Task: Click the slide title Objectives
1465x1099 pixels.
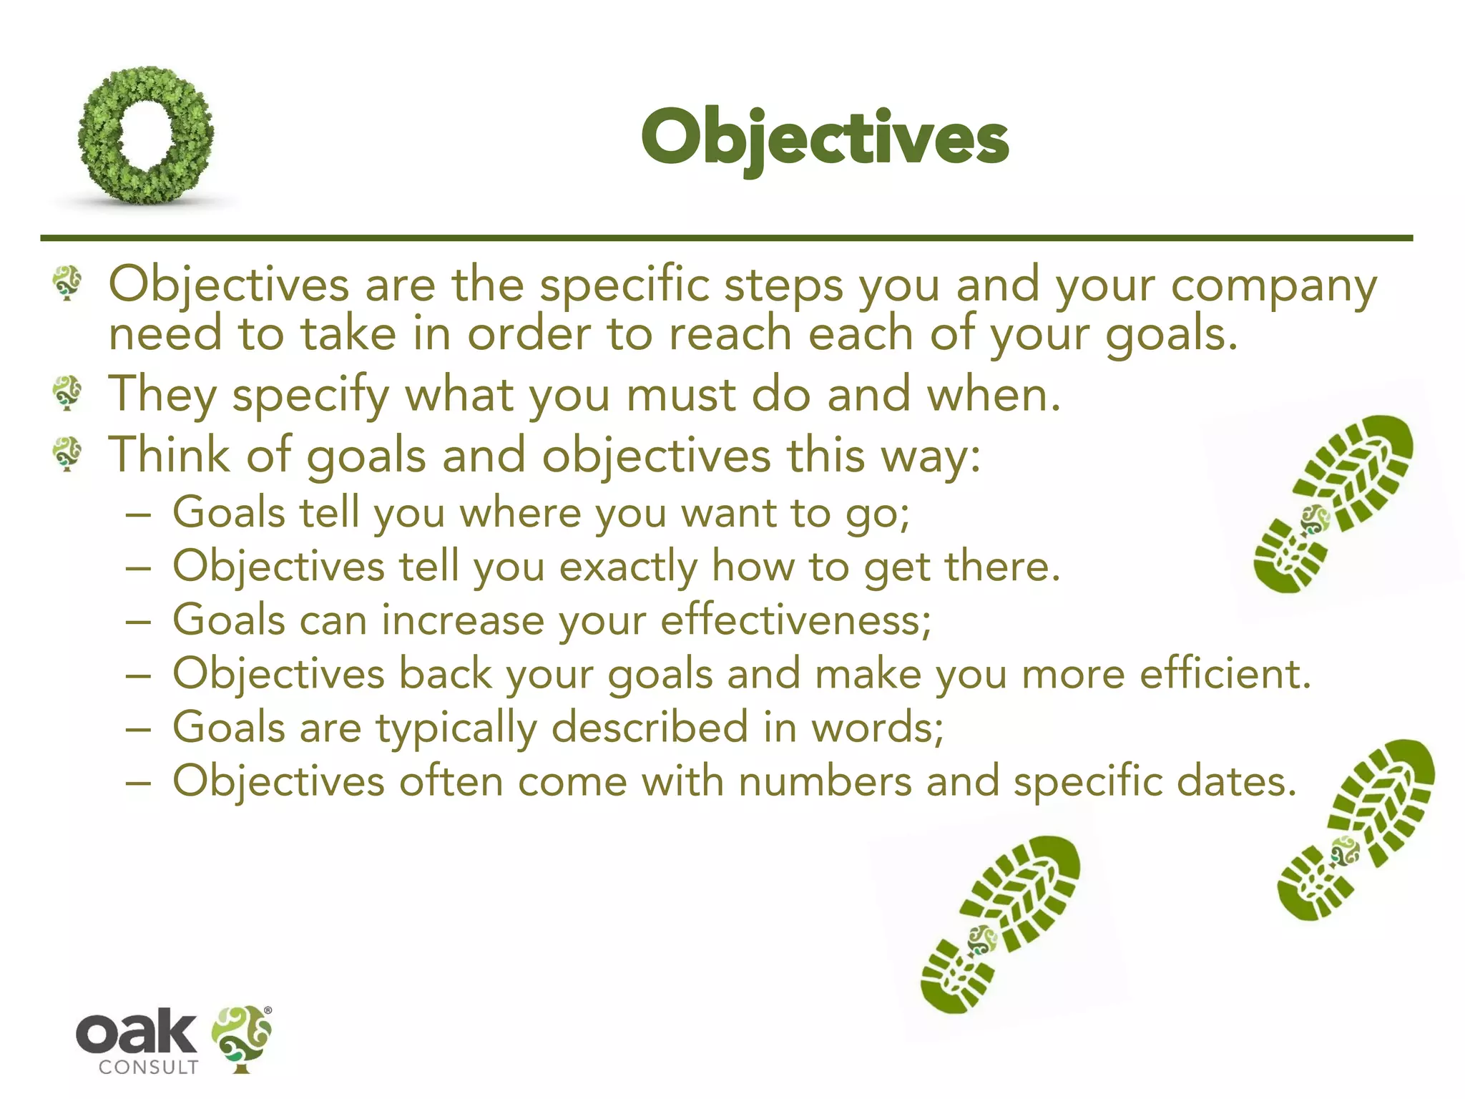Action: point(824,137)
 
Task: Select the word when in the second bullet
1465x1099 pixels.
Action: point(993,395)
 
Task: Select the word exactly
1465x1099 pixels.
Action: point(627,567)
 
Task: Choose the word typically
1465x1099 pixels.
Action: point(456,728)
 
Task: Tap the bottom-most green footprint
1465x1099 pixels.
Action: point(999,924)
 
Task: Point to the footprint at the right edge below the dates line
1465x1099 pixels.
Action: point(1356,830)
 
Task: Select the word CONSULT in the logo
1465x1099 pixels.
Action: point(148,1068)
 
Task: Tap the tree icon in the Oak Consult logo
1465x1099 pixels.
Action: point(242,1037)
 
